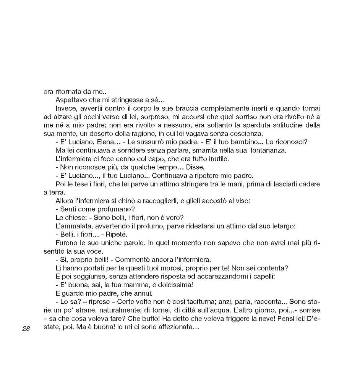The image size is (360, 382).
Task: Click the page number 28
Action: pos(26,329)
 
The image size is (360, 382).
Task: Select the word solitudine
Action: pos(284,125)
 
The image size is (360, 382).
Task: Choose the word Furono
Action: pos(67,243)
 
